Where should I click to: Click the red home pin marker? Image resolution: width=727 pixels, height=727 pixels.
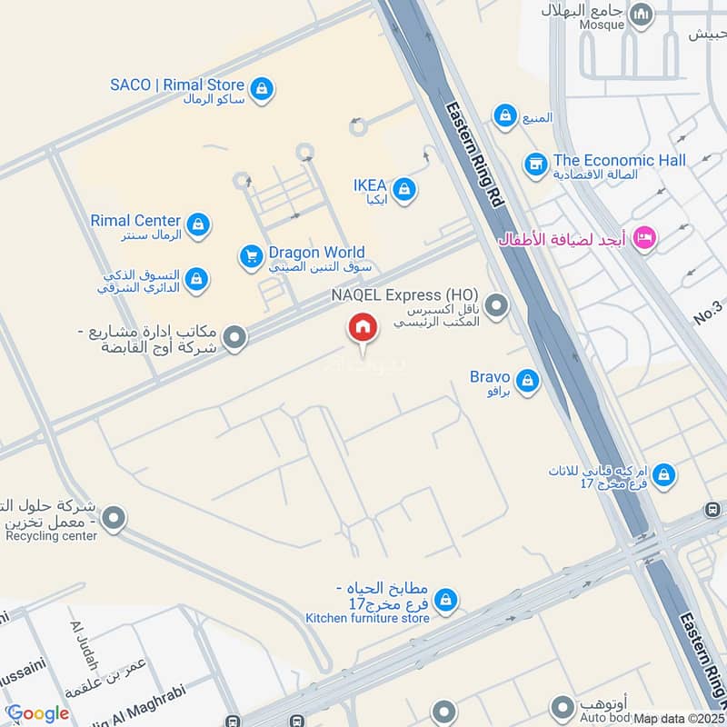point(362,328)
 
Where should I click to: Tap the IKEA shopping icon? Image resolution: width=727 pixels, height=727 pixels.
point(405,190)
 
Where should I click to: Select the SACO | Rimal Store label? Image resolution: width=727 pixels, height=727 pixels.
point(177,85)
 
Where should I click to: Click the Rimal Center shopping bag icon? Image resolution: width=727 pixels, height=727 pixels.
point(197,224)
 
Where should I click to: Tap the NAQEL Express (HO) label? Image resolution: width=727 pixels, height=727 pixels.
point(404,295)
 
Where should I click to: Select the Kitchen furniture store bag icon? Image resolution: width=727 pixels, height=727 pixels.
point(444,600)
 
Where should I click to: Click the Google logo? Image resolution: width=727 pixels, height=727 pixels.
point(37,714)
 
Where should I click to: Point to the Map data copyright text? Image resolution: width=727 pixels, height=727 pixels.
point(679,719)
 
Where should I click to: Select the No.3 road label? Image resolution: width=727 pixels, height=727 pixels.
point(708,313)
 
